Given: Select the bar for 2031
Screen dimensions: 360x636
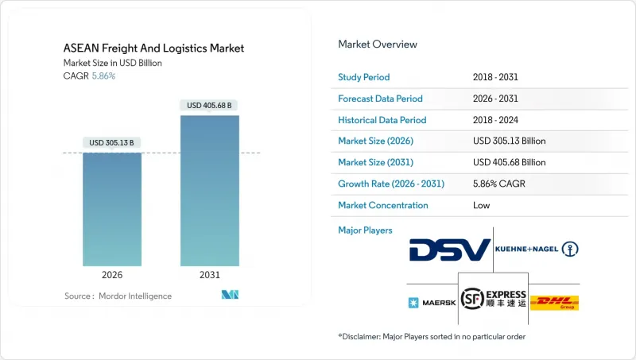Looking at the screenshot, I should click(x=209, y=191).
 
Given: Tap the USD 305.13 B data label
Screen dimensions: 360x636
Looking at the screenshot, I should click(x=111, y=143).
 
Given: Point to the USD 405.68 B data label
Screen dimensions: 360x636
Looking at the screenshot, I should click(x=209, y=105).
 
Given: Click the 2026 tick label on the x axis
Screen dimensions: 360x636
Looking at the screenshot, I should click(x=111, y=275).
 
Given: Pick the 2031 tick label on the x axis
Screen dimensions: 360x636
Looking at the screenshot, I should click(x=209, y=275).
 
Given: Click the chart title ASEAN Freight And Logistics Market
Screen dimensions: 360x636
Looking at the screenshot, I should click(x=154, y=48).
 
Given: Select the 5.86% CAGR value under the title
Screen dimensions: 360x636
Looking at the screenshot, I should click(x=103, y=76).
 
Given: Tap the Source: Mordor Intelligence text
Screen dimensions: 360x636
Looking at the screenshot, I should click(x=118, y=296).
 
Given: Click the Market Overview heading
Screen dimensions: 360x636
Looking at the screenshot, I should click(x=378, y=44).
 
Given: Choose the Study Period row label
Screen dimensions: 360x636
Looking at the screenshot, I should click(x=364, y=77).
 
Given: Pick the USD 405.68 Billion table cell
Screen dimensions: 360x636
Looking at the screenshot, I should click(x=509, y=162).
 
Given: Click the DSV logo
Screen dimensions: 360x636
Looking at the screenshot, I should click(x=450, y=250).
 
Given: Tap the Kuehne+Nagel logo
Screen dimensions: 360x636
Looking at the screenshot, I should click(x=537, y=250).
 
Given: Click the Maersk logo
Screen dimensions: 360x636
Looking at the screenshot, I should click(x=430, y=303).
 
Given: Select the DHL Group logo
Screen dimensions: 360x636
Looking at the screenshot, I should click(x=554, y=303).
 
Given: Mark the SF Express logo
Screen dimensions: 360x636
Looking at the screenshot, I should click(x=494, y=299).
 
